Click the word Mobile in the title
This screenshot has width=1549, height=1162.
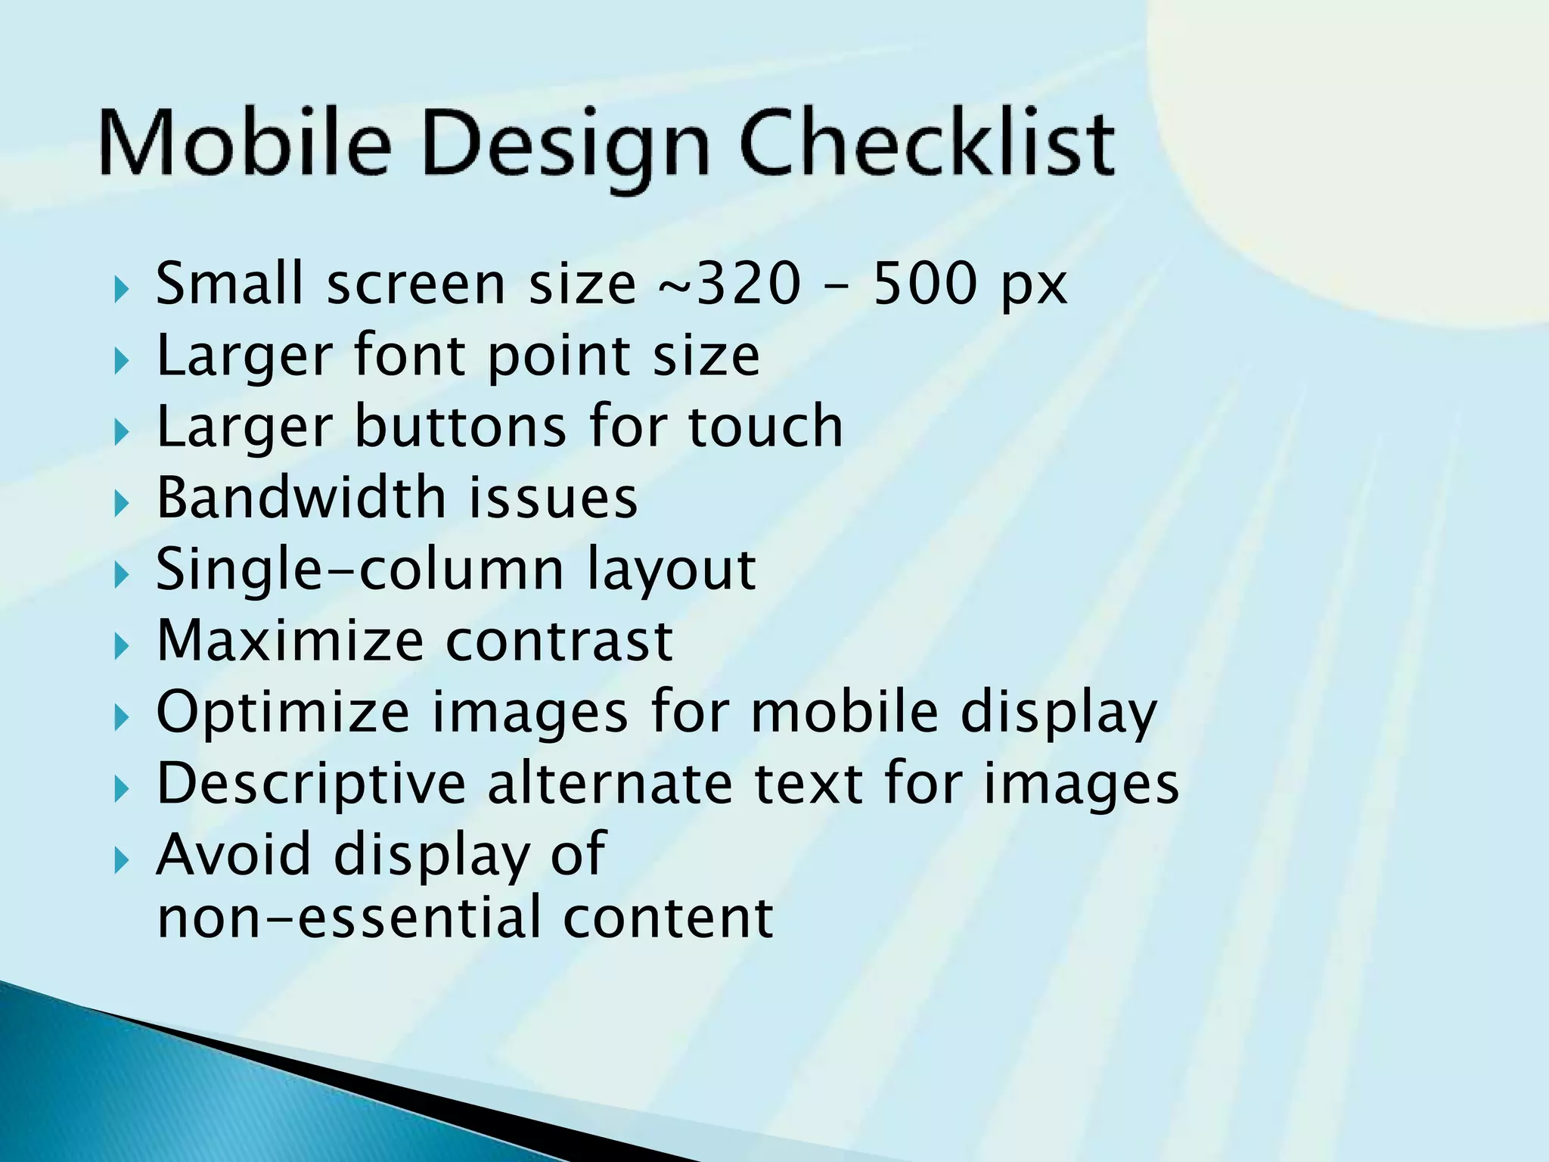pyautogui.click(x=244, y=144)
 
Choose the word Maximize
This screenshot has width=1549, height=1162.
pyautogui.click(x=290, y=640)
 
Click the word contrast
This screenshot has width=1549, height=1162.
pyautogui.click(x=559, y=642)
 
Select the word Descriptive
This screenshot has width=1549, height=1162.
pyautogui.click(x=311, y=785)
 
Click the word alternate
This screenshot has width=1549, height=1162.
pyautogui.click(x=610, y=784)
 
